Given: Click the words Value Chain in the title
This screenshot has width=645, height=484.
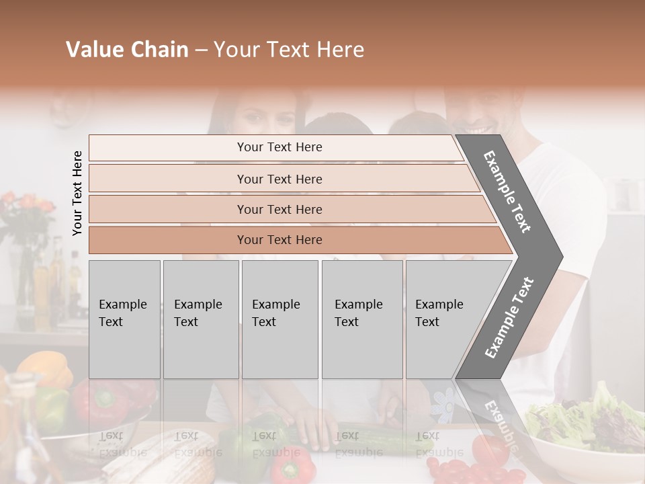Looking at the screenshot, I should [x=127, y=50].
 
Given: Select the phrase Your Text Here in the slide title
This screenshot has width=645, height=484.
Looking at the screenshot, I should [x=289, y=50].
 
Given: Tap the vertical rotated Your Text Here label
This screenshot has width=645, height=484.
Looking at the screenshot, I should [x=77, y=193].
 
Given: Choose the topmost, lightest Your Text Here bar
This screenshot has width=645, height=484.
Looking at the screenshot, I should [x=279, y=147].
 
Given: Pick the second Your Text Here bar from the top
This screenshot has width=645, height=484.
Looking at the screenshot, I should [x=279, y=179].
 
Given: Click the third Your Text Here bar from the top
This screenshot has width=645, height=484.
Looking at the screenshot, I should [x=279, y=209].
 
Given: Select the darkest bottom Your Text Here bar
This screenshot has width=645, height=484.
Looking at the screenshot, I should [x=279, y=240].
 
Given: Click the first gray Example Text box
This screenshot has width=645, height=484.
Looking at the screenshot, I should [x=124, y=319].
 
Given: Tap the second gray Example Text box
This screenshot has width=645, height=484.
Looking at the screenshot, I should [x=201, y=319].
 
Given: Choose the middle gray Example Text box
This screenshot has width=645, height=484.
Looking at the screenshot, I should [x=279, y=319].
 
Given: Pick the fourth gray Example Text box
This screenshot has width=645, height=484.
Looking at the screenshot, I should [x=362, y=319].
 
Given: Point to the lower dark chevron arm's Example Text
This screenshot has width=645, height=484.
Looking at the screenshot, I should [x=509, y=317].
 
